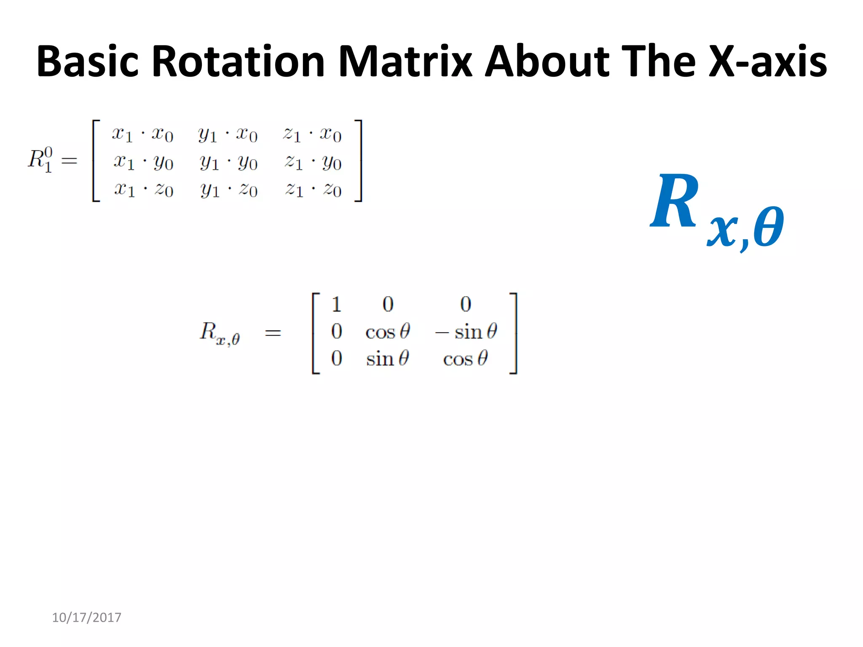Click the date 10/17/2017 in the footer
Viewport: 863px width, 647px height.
pyautogui.click(x=86, y=617)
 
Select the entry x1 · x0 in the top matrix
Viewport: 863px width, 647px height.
pyautogui.click(x=142, y=134)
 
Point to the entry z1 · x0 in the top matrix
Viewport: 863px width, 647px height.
pyautogui.click(x=312, y=134)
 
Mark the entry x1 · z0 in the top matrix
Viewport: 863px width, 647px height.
pyautogui.click(x=143, y=190)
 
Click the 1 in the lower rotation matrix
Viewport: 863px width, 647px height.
pyautogui.click(x=336, y=304)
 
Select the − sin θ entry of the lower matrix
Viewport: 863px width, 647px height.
pyautogui.click(x=466, y=332)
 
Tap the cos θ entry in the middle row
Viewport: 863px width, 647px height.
pyautogui.click(x=388, y=332)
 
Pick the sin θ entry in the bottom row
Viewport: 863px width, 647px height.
pyautogui.click(x=388, y=358)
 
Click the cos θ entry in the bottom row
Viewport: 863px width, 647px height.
pyautogui.click(x=465, y=358)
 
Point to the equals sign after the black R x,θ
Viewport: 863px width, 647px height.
pyautogui.click(x=273, y=333)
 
